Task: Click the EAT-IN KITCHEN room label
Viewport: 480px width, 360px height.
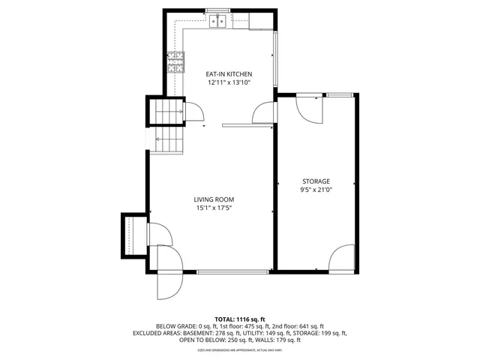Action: coord(229,74)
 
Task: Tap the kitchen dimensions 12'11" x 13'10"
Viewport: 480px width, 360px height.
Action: coord(229,82)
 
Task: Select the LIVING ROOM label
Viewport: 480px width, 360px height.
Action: coord(214,199)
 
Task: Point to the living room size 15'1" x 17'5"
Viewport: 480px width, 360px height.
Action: coord(214,208)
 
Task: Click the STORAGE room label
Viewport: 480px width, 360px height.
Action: coord(316,181)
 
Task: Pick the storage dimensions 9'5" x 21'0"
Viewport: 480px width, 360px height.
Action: coord(316,190)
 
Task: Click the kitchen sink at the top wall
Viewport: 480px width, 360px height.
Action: coord(218,21)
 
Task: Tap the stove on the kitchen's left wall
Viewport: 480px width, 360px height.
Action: coord(177,62)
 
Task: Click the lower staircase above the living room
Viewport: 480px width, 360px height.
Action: coord(168,139)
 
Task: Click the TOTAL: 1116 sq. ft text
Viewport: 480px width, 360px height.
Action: coord(239,319)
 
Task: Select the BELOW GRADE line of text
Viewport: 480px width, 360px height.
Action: coord(239,326)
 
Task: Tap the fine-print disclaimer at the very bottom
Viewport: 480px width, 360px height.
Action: coord(239,350)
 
